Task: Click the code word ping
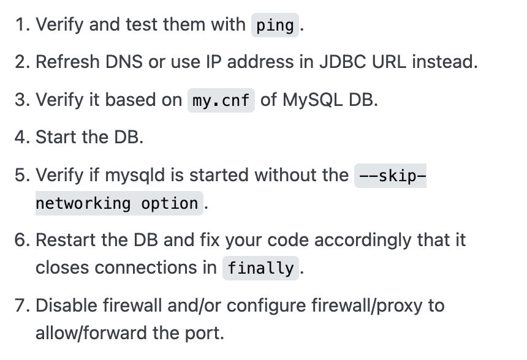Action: [x=275, y=26]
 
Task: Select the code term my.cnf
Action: [x=221, y=100]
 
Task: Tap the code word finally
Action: [x=260, y=268]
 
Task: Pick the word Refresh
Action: [x=63, y=62]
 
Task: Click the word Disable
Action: [x=63, y=305]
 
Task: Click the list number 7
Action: [x=20, y=305]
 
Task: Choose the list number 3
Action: [x=20, y=100]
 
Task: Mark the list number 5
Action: [x=20, y=175]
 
